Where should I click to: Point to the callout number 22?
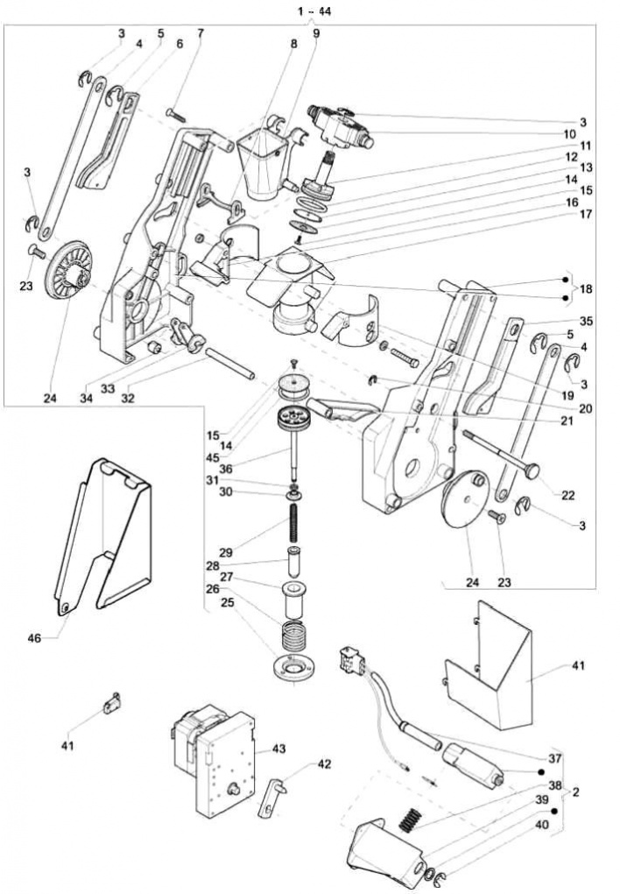click(x=567, y=495)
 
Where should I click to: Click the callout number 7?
click(x=200, y=34)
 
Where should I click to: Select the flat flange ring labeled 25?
click(x=294, y=667)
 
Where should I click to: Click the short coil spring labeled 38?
click(x=408, y=820)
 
